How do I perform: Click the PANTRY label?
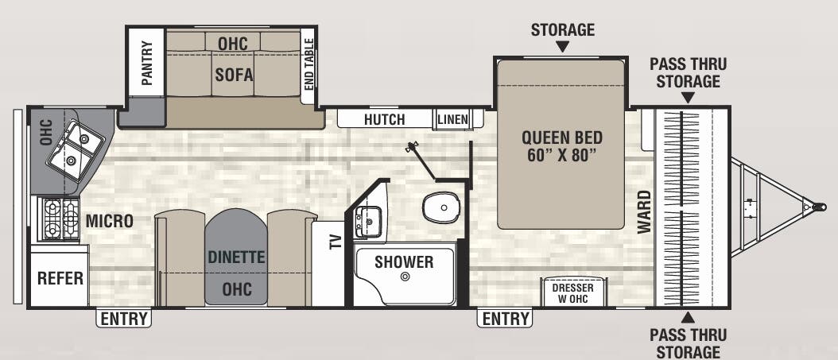(x=147, y=63)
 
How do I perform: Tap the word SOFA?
(x=234, y=74)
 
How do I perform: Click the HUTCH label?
(x=384, y=119)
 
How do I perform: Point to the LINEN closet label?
(x=452, y=119)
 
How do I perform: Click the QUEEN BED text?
(x=561, y=137)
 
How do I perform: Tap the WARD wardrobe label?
(x=645, y=211)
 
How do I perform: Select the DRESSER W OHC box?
(x=573, y=292)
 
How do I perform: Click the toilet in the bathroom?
(x=441, y=207)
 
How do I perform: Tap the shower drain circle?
(x=405, y=276)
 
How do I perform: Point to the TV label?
(x=335, y=242)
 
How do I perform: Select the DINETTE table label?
(x=235, y=257)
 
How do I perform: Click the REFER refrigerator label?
(x=60, y=277)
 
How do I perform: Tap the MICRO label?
(x=109, y=220)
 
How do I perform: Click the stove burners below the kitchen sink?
(x=61, y=219)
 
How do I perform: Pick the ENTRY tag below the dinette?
(x=124, y=319)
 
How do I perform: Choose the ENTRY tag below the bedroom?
(x=505, y=319)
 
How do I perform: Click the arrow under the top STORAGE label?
(x=562, y=47)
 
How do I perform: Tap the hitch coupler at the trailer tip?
(x=818, y=207)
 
